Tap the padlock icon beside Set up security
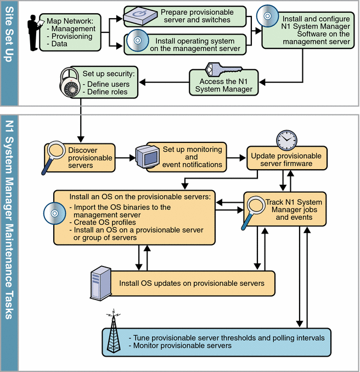pyautogui.click(x=69, y=82)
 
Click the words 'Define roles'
pyautogui.click(x=108, y=92)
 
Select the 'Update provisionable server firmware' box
pyautogui.click(x=286, y=159)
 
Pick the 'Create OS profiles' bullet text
pyautogui.click(x=103, y=222)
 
